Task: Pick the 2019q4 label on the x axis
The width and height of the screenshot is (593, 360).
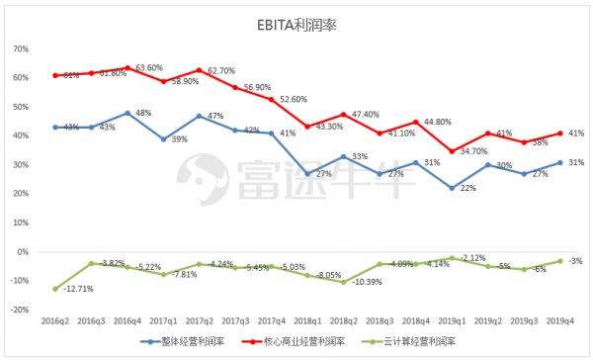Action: click(x=560, y=322)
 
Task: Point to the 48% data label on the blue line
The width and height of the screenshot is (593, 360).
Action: click(x=143, y=113)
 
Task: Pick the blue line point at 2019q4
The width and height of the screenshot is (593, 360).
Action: click(x=560, y=162)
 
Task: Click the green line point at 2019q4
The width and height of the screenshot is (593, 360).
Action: click(x=560, y=261)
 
